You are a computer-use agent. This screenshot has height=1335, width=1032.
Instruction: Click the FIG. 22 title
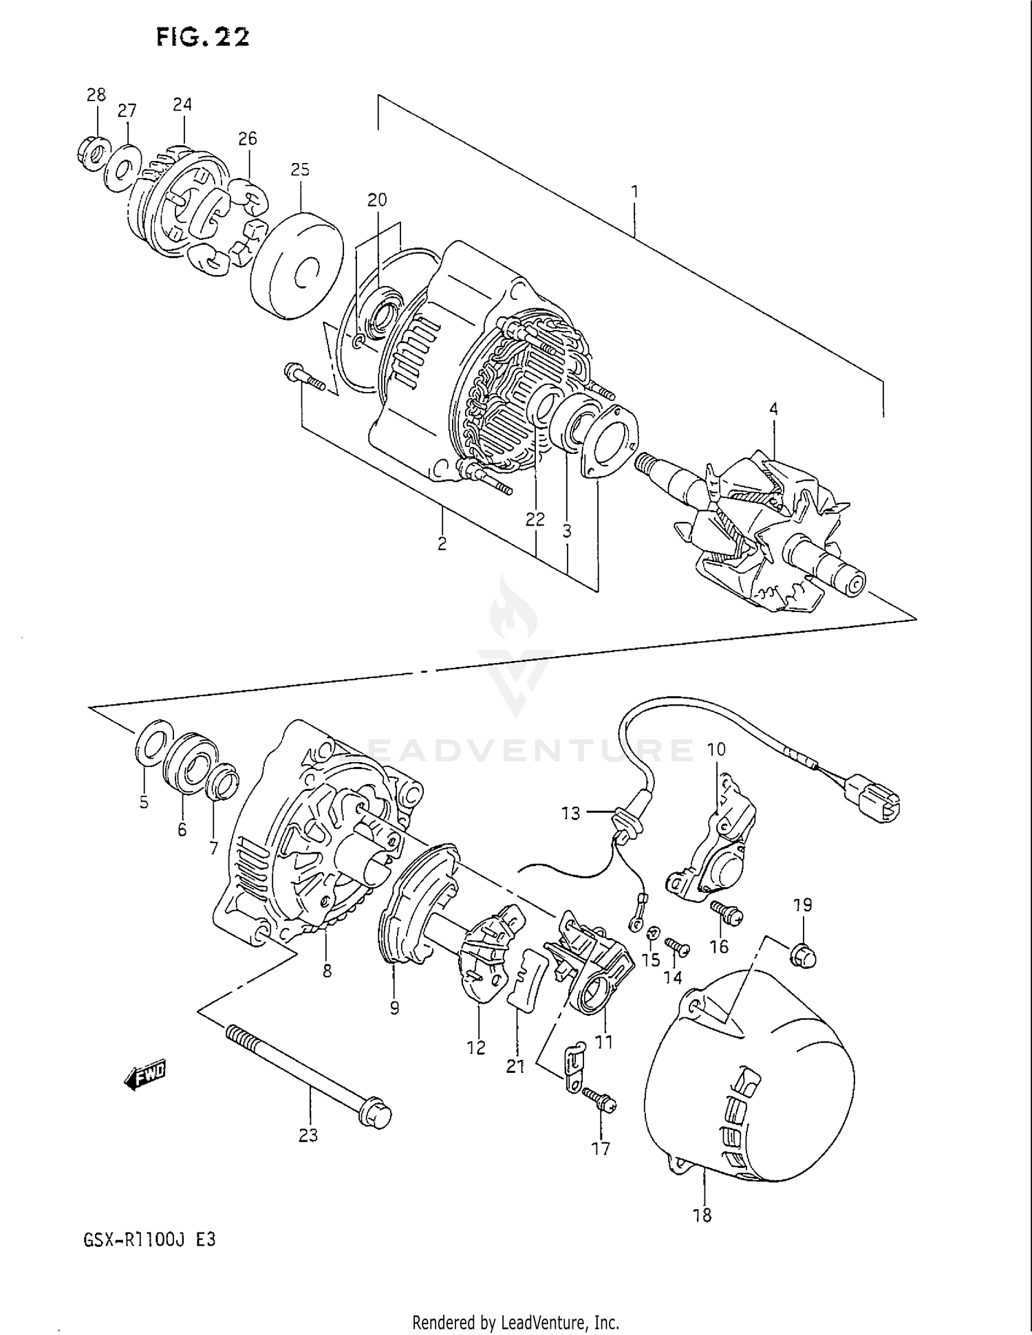(x=202, y=37)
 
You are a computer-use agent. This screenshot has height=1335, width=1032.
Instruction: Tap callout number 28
(x=96, y=95)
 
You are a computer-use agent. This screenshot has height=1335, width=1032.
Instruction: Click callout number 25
(x=300, y=169)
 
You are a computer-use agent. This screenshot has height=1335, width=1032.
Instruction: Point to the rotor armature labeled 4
(x=764, y=530)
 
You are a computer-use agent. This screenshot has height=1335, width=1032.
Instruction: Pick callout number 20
(x=377, y=199)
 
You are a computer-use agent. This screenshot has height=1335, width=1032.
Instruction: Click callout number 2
(x=442, y=544)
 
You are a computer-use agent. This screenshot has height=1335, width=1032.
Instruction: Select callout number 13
(x=570, y=813)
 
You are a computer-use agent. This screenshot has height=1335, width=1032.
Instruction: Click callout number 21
(x=515, y=1067)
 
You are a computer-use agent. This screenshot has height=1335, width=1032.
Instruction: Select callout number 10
(x=716, y=749)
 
